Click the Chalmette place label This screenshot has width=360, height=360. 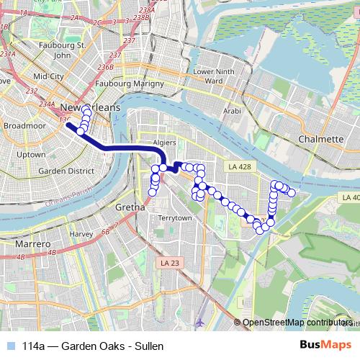pyautogui.click(x=320, y=139)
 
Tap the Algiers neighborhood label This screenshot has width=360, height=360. pyautogui.click(x=164, y=143)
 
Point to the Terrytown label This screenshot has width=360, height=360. pyautogui.click(x=175, y=217)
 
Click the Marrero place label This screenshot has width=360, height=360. pyautogui.click(x=32, y=245)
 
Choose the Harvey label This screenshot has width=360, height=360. pyautogui.click(x=81, y=234)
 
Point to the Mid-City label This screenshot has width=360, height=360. pyautogui.click(x=49, y=76)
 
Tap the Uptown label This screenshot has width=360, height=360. pyautogui.click(x=31, y=154)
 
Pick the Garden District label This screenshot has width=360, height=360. pyautogui.click(x=66, y=171)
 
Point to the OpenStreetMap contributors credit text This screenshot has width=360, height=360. pyautogui.click(x=297, y=323)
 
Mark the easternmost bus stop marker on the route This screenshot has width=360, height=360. pyautogui.click(x=292, y=192)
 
